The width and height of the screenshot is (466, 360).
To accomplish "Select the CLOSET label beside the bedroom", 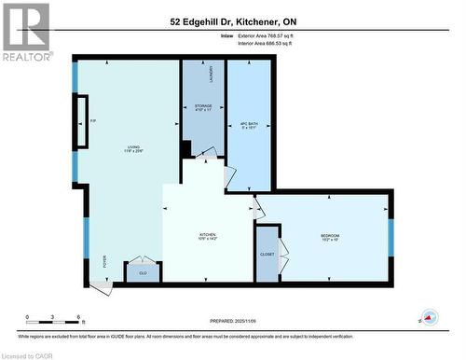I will (267, 255).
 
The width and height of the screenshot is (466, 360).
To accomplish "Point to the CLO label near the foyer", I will (143, 272).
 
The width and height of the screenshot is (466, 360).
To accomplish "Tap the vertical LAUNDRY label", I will (213, 74).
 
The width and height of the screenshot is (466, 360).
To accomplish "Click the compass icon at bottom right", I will (430, 318).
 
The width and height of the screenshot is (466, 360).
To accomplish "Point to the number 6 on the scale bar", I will (79, 317).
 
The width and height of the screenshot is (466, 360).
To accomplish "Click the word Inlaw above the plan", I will (226, 35).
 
